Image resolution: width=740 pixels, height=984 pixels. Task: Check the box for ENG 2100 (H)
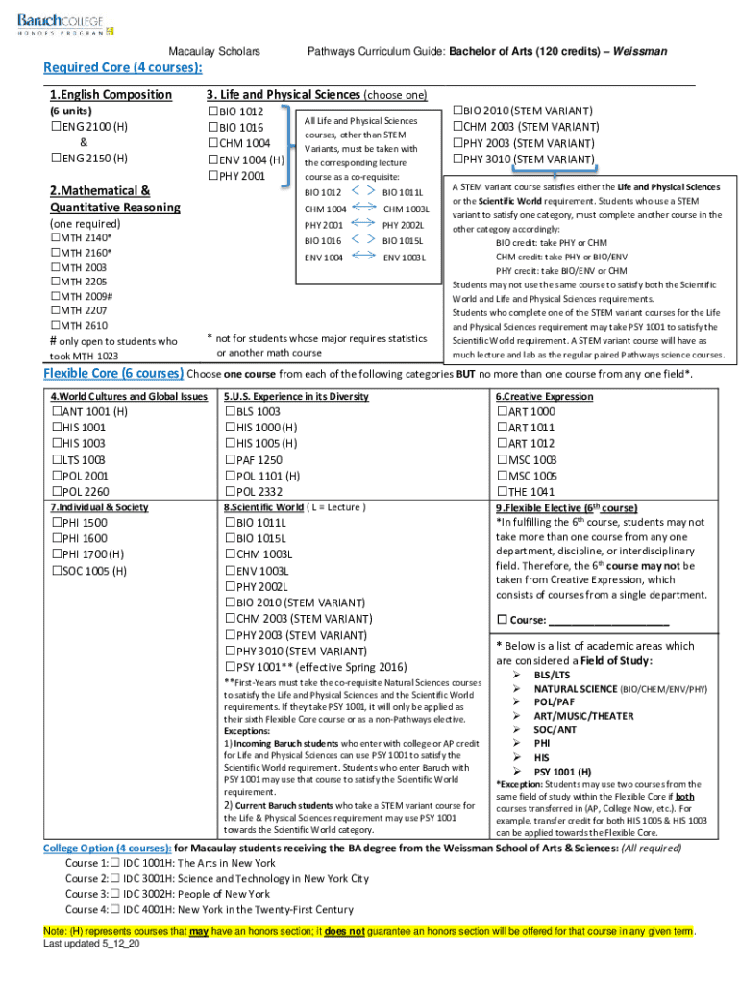[55, 127]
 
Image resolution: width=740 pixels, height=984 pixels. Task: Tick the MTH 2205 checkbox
[55, 282]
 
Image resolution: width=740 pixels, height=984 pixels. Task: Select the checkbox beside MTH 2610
[55, 326]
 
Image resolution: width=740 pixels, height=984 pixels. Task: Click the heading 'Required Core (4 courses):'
[123, 67]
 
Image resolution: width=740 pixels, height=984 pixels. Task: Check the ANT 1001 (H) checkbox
[56, 412]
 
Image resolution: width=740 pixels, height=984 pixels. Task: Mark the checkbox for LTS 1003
[56, 460]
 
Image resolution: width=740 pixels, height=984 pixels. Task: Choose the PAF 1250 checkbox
[231, 460]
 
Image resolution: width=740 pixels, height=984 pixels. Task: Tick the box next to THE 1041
[502, 492]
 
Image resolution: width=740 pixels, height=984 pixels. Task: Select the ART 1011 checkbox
[502, 428]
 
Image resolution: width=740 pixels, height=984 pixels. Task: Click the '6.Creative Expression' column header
[544, 396]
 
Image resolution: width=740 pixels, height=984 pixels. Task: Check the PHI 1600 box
[56, 539]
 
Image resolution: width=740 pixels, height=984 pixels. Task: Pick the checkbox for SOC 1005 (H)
[56, 571]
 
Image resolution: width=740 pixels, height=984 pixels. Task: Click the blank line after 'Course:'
[613, 620]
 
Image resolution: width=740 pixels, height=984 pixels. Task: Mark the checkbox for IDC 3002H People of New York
[115, 894]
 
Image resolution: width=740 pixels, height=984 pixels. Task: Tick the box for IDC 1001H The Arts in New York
[115, 863]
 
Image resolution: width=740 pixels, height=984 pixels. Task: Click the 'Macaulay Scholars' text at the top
[213, 50]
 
